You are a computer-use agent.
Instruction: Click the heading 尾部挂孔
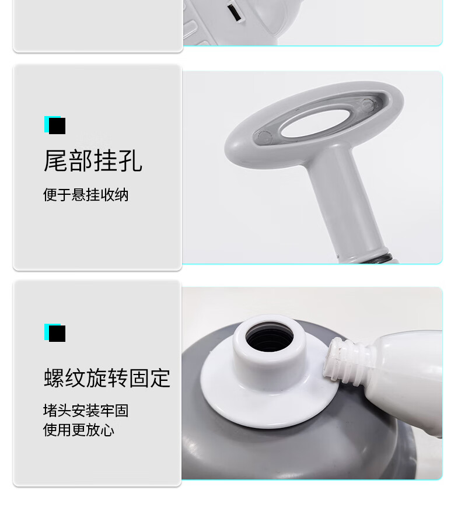click(93, 161)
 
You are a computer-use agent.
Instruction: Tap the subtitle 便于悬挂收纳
click(86, 195)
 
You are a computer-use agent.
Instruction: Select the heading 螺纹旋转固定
click(107, 378)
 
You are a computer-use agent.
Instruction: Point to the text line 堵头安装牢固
click(86, 411)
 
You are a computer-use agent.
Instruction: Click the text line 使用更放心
click(79, 430)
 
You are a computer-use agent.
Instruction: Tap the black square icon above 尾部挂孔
click(57, 126)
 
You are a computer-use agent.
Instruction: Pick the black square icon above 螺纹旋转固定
click(57, 333)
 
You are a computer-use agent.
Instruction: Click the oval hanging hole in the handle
click(315, 123)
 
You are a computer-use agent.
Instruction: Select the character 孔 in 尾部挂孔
click(131, 161)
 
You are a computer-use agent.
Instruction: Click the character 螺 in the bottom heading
click(54, 378)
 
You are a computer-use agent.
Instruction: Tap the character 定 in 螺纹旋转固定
click(160, 378)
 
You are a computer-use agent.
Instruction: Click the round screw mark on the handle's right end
click(368, 105)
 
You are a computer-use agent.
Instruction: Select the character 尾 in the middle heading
click(55, 161)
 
